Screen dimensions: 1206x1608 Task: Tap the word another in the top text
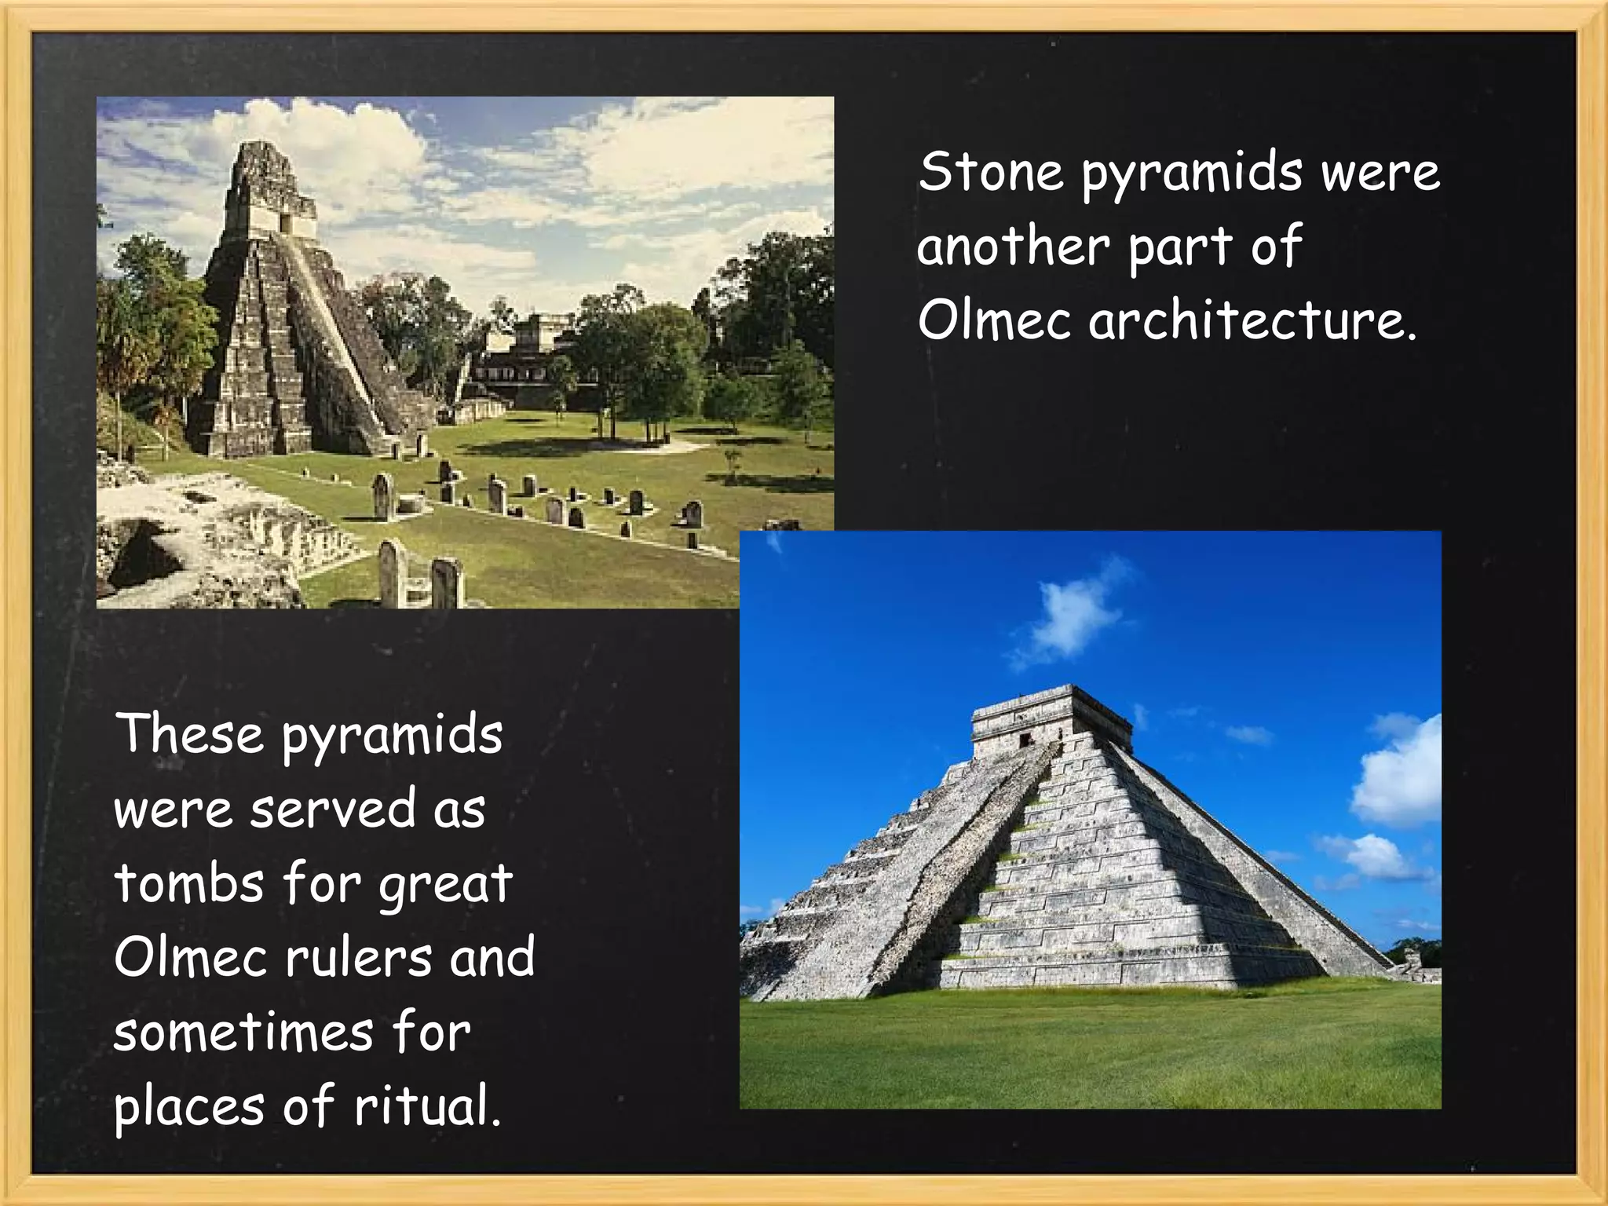1013,247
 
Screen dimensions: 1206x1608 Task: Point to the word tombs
188,883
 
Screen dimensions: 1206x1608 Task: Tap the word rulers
359,957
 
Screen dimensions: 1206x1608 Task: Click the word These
189,734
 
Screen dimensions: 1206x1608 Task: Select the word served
333,809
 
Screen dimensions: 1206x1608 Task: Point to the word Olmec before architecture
994,321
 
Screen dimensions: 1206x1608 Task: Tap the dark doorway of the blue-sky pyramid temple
1025,740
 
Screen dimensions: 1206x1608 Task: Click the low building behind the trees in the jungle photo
522,361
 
